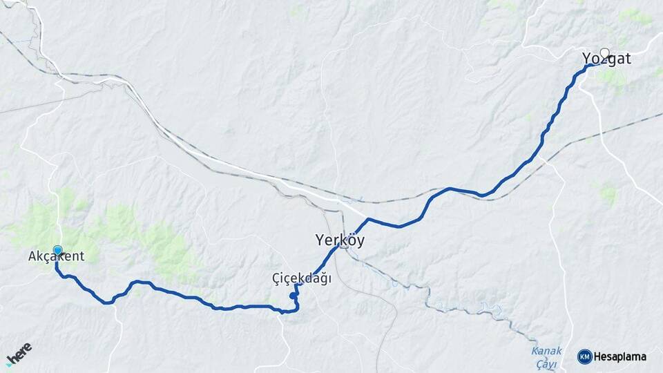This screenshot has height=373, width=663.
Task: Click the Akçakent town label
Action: coord(56,256)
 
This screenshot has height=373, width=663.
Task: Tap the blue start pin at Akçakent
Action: coord(57,250)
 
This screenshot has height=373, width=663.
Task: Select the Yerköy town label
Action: coord(339,240)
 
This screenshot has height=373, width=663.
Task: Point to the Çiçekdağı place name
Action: coord(302,278)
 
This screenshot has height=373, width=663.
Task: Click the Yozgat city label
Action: coord(606,59)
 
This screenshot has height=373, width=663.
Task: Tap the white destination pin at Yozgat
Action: coord(605,52)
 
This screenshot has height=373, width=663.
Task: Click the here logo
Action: coord(19,352)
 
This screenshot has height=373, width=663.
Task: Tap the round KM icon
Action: coord(584,356)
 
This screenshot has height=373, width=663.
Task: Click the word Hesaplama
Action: coord(620,356)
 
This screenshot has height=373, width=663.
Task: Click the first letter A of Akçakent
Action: coord(32,256)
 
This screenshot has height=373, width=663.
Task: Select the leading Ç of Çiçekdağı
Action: coord(276,278)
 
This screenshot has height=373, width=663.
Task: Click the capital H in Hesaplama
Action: coord(597,356)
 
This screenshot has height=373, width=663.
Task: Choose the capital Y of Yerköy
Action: coord(320,240)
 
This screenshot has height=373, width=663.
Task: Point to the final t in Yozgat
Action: coord(627,59)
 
